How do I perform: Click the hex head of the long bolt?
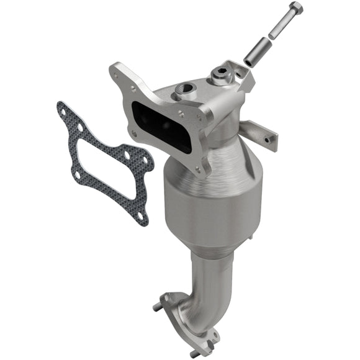pos(295,9)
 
